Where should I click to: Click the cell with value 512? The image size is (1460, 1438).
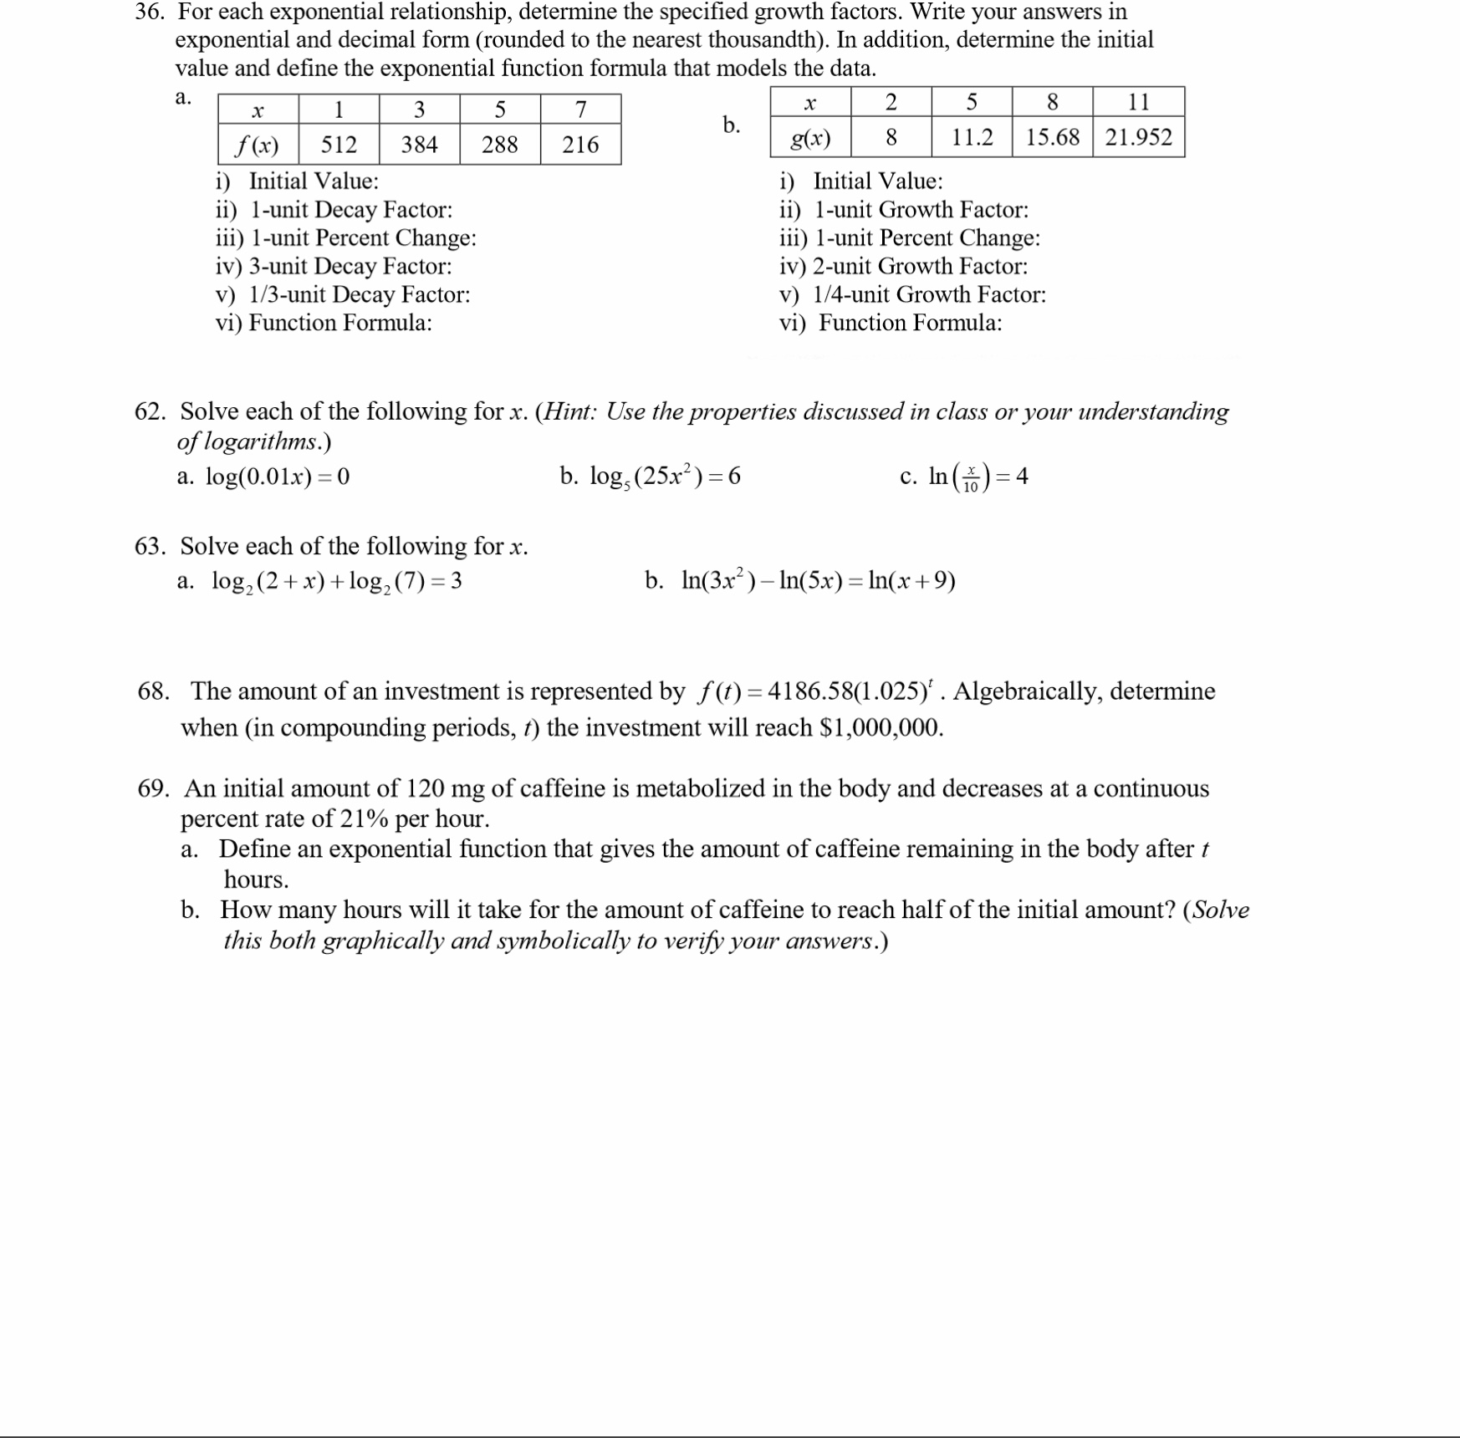[339, 145]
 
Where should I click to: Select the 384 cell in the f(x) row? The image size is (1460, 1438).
[419, 145]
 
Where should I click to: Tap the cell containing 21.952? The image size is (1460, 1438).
[1138, 137]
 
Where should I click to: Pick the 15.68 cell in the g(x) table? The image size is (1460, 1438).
[1052, 137]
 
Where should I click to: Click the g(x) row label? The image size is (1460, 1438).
[809, 138]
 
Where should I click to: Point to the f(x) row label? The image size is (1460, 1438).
[258, 145]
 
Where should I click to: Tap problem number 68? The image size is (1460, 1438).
[153, 691]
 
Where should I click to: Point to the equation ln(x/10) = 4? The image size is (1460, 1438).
[978, 477]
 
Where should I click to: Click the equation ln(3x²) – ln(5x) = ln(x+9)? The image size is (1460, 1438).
[818, 580]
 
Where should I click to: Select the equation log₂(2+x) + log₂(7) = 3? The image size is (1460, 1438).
[336, 581]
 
